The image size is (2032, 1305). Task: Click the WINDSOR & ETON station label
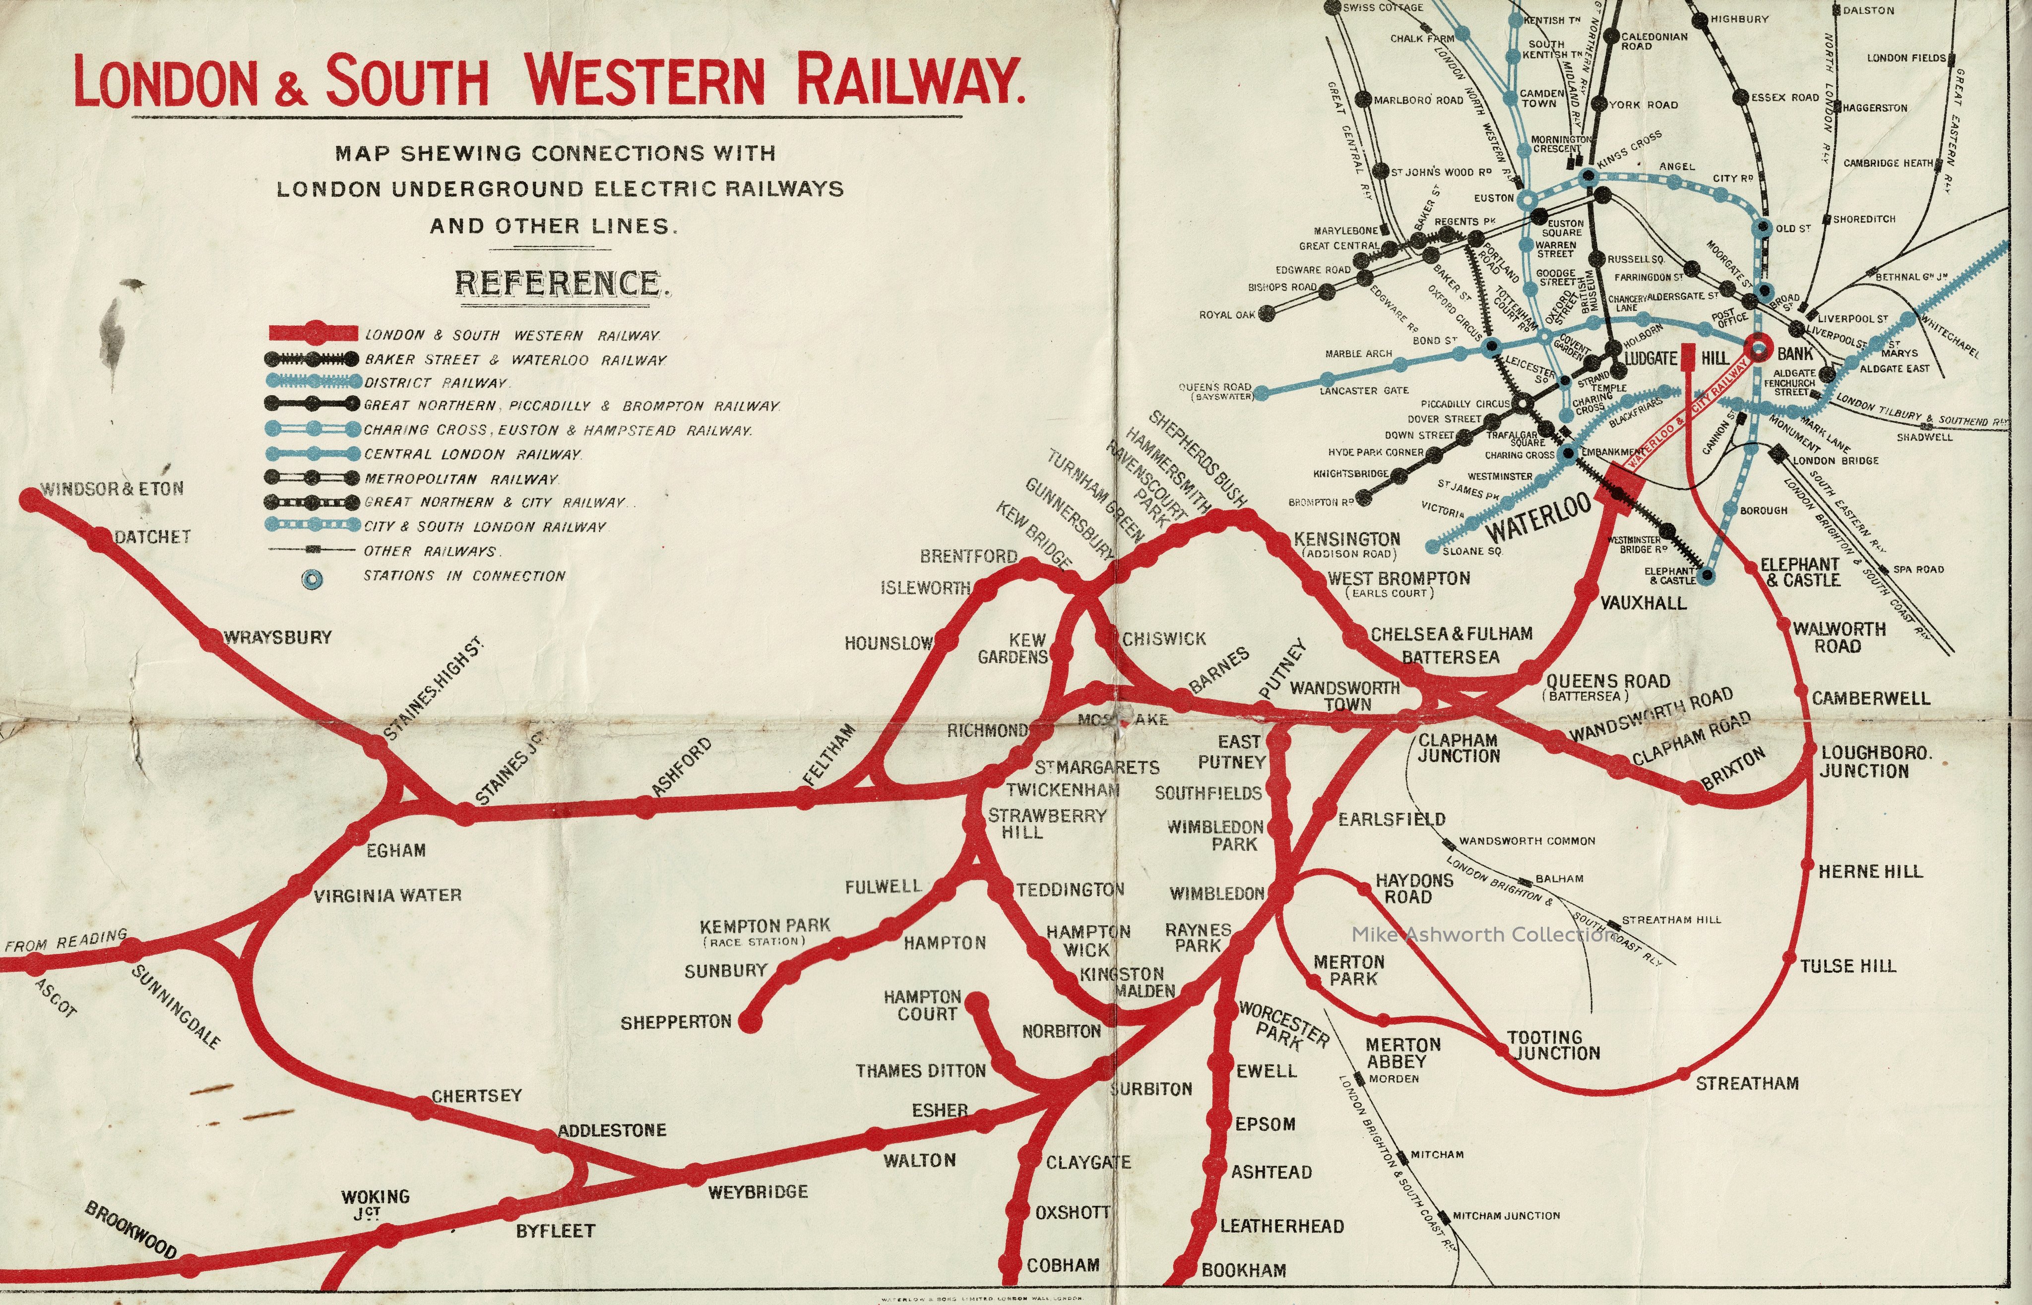click(x=112, y=489)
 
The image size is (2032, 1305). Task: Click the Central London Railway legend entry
click(x=472, y=454)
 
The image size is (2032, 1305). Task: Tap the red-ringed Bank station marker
click(x=1759, y=348)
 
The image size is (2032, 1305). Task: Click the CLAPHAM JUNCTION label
click(x=1458, y=747)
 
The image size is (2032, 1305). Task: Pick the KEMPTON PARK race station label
click(x=764, y=931)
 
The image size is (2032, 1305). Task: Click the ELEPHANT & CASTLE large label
click(x=1799, y=572)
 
